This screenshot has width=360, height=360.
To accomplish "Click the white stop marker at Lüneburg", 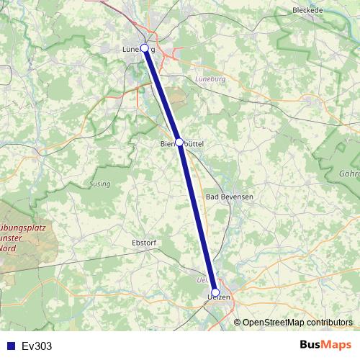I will [x=145, y=48].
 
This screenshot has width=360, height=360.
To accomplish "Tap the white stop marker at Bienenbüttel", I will [x=179, y=143].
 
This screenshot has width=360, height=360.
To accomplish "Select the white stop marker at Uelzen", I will [x=215, y=292].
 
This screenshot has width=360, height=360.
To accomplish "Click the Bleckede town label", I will [x=309, y=11].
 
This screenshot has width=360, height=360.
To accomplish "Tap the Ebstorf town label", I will [x=144, y=243].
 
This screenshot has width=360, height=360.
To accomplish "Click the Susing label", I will [x=100, y=184].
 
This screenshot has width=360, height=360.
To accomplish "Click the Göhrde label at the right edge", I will [x=349, y=174].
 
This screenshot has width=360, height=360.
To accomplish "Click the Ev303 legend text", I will [x=37, y=346].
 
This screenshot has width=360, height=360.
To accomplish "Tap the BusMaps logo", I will [x=325, y=345].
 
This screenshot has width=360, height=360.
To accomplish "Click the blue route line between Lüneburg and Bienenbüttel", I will [x=162, y=95].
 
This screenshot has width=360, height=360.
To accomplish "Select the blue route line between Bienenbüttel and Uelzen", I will [x=197, y=217].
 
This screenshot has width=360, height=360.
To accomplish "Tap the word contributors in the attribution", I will [x=330, y=323].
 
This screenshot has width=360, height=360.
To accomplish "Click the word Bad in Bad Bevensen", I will [x=213, y=196].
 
